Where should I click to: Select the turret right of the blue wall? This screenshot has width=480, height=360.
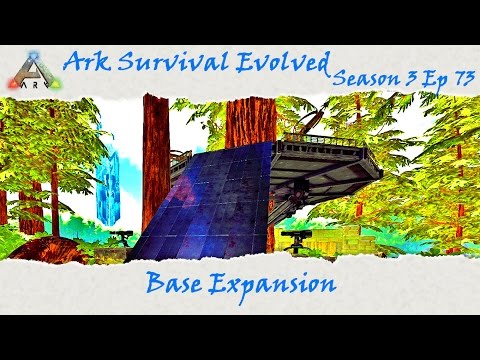(x=297, y=240)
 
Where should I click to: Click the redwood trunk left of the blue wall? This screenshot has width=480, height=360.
(x=156, y=160)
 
